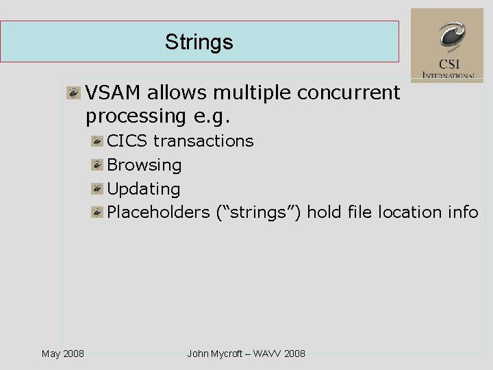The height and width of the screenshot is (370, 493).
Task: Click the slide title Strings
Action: point(199,42)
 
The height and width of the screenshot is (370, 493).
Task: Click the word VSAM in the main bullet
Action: point(114,92)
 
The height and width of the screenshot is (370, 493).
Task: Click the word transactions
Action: point(203,141)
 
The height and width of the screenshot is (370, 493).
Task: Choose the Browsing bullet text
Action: point(144,165)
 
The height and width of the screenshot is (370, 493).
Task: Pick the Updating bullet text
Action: point(144,188)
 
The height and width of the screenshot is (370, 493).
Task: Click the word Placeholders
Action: point(158,212)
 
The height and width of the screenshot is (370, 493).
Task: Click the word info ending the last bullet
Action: point(463,212)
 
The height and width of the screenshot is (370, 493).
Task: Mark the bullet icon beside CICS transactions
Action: point(98,142)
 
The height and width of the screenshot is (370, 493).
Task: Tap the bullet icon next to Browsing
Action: point(98,165)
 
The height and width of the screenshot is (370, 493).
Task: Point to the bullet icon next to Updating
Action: point(98,189)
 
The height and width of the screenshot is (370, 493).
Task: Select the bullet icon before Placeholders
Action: point(98,212)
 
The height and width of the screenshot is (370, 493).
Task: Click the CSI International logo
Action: point(446,45)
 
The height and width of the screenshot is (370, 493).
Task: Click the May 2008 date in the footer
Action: point(63,354)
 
